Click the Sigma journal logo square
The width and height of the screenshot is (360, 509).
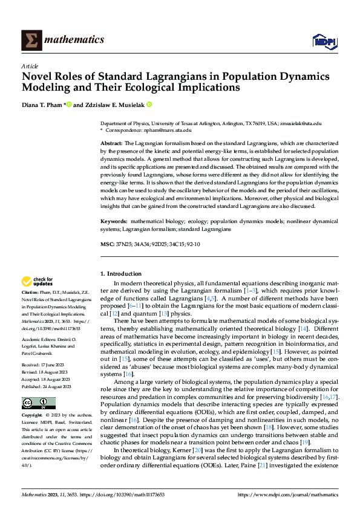coord(30,41)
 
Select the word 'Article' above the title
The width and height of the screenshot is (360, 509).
coord(30,66)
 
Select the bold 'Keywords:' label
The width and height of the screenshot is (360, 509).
coord(114,222)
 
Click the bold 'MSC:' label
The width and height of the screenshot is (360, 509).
coord(106,244)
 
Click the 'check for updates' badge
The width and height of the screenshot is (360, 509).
coord(37,281)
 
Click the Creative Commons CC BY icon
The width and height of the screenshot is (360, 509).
coord(38,403)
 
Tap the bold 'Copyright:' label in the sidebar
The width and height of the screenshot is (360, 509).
coord(33,416)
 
